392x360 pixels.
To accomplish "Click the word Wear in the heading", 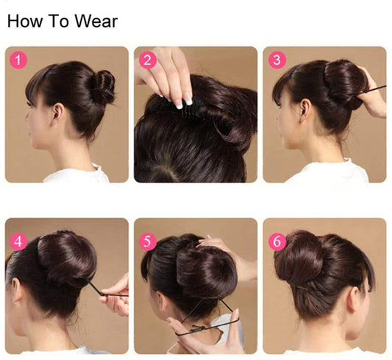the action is pos(96,21).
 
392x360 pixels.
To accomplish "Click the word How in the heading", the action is pos(25,21).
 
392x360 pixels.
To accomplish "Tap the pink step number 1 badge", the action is pos(18,60).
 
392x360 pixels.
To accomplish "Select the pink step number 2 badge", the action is pos(147,60).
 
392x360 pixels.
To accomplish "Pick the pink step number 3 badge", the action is pos(277,60).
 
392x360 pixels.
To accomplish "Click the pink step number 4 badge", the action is pos(18,242).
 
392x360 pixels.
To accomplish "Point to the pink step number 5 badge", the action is pos(148,242).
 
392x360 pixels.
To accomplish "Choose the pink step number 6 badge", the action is pos(277,242).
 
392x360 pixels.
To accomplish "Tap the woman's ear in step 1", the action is pos(58,114).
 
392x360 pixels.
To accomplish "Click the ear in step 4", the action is pos(17,290).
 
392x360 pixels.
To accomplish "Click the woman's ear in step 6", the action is pos(353,300).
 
